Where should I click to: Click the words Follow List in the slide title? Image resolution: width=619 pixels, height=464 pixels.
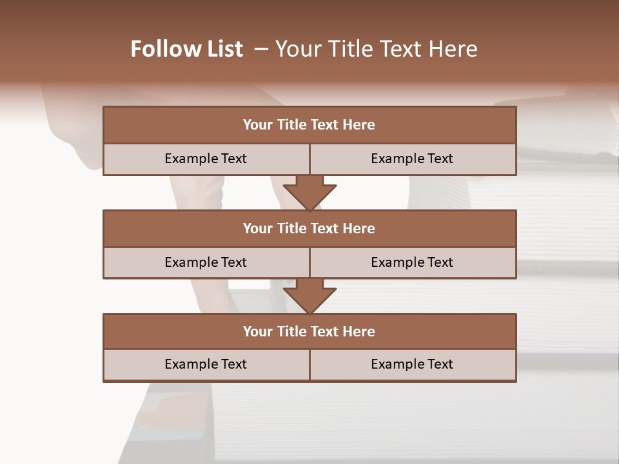[186, 49]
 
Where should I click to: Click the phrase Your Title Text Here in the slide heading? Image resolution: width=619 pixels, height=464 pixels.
[376, 49]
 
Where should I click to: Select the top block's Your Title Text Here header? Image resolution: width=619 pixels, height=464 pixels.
[309, 125]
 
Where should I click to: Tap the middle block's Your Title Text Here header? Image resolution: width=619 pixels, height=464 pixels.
[309, 228]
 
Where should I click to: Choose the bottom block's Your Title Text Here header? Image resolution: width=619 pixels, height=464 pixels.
[309, 331]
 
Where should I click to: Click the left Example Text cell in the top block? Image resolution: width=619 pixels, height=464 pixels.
[206, 159]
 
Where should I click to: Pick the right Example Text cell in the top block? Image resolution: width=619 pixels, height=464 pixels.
[412, 159]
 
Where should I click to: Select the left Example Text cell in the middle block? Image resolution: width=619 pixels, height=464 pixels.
[206, 262]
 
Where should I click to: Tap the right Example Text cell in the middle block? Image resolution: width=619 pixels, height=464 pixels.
[412, 262]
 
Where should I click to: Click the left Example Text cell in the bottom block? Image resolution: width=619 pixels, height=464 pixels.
[206, 364]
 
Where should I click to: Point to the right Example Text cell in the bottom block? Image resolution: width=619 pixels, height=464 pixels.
[412, 364]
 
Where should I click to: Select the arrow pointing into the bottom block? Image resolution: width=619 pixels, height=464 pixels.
[309, 296]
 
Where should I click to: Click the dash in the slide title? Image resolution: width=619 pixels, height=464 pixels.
[261, 49]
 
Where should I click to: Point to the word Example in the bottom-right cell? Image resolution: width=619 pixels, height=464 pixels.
[395, 364]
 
